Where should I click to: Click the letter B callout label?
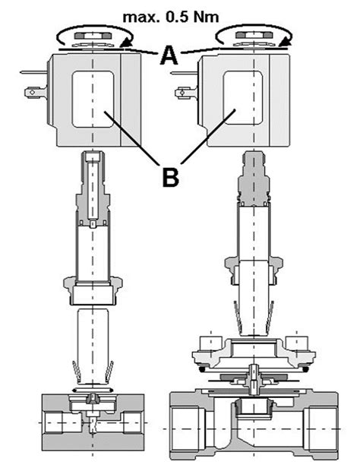170,176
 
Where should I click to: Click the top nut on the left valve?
91,36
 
